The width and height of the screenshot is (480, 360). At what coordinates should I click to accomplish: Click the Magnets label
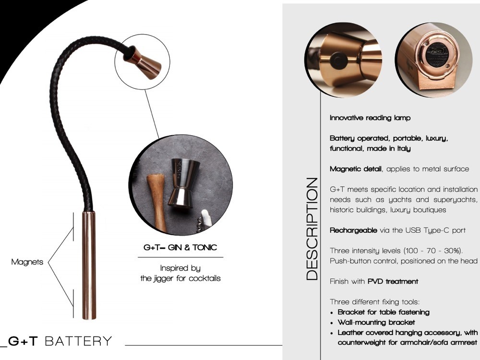27,262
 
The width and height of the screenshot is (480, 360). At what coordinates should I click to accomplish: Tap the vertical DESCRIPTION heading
312,228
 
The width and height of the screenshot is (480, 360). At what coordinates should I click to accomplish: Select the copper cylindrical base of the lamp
89,265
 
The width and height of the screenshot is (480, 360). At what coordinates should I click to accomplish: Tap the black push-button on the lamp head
338,60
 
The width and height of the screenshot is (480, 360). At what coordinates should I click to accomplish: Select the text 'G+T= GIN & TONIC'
180,247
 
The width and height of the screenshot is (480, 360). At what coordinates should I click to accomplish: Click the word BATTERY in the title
78,341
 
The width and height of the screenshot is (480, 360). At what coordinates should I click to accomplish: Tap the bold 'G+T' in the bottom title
23,341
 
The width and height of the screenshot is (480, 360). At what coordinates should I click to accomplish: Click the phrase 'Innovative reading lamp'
370,118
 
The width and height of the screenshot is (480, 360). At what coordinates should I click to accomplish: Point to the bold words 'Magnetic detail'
355,169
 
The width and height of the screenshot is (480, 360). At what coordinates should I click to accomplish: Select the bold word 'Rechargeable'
353,230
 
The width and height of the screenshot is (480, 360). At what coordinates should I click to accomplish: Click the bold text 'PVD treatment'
393,281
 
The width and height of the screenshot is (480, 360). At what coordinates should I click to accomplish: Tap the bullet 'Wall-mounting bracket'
376,323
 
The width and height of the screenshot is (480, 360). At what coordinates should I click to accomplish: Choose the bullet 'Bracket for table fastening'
384,312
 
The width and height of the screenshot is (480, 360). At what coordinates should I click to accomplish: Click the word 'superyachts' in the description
455,200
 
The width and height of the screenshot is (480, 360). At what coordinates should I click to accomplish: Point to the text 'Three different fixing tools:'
374,302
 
